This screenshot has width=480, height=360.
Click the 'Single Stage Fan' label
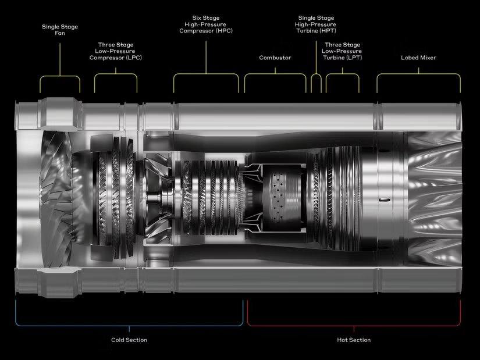pos(60,30)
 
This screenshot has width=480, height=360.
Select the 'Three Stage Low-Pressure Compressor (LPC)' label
pos(116,51)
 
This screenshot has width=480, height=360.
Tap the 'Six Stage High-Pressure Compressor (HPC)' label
pos(206,24)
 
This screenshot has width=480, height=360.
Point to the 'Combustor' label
pos(275,58)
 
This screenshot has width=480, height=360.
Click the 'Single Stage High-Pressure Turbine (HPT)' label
pos(316,24)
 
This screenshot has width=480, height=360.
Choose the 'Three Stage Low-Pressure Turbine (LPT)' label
pos(342,51)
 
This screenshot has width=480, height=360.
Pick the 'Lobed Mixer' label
pos(418,58)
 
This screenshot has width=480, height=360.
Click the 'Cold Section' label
pos(129,340)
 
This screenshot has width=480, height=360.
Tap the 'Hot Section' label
pos(354,340)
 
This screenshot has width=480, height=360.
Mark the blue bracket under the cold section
pos(129,326)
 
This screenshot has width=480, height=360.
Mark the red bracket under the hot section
pos(354,326)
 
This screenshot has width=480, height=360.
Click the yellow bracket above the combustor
pos(275,74)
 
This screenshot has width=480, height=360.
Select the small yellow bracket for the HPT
pos(317,74)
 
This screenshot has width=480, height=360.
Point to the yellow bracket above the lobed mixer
pos(418,74)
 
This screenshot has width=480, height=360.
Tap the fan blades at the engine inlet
pos(56,199)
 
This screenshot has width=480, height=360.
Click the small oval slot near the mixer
pos(385,200)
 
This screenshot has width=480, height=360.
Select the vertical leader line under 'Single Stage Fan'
pos(60,59)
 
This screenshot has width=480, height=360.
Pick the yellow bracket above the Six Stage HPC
pos(206,74)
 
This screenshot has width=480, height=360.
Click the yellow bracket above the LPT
pos(342,74)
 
